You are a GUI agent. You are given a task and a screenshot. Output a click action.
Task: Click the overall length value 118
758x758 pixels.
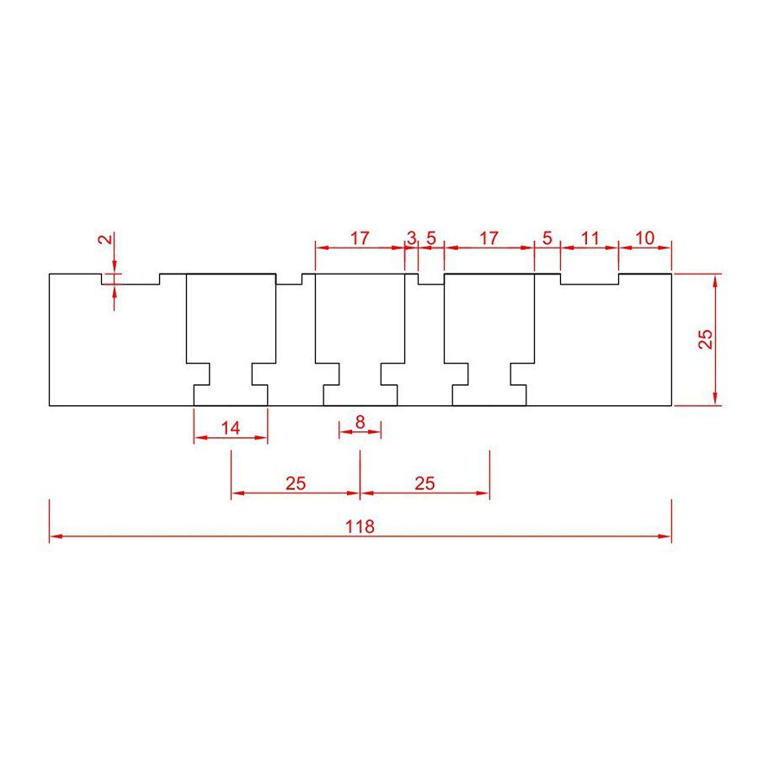pyautogui.click(x=360, y=526)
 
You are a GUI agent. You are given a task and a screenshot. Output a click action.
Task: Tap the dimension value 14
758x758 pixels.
pyautogui.click(x=231, y=428)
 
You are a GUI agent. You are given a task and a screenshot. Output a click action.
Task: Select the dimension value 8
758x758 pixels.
pyautogui.click(x=360, y=422)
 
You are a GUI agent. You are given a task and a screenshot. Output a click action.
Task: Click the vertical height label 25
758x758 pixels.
pyautogui.click(x=706, y=339)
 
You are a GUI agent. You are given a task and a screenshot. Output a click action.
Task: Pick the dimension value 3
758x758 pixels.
pyautogui.click(x=411, y=238)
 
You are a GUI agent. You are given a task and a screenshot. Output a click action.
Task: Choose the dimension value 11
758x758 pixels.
pyautogui.click(x=590, y=238)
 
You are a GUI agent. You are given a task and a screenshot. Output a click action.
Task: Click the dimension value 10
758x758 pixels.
pyautogui.click(x=645, y=238)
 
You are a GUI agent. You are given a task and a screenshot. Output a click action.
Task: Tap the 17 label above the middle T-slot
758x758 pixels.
pyautogui.click(x=360, y=238)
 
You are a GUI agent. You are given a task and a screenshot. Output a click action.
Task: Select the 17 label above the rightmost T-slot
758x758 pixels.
pyautogui.click(x=488, y=238)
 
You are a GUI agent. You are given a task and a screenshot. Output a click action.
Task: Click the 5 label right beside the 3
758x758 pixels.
pyautogui.click(x=431, y=238)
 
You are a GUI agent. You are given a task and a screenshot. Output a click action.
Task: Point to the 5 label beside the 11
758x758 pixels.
pyautogui.click(x=547, y=238)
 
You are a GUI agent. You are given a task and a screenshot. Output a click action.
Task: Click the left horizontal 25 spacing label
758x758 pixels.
pyautogui.click(x=296, y=483)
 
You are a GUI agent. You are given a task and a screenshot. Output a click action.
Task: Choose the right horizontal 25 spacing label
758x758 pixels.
pyautogui.click(x=425, y=483)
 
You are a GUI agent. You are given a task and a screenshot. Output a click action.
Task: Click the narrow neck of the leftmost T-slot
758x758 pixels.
pyautogui.click(x=231, y=374)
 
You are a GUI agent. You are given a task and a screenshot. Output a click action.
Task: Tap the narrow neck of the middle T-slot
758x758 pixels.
pyautogui.click(x=360, y=374)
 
